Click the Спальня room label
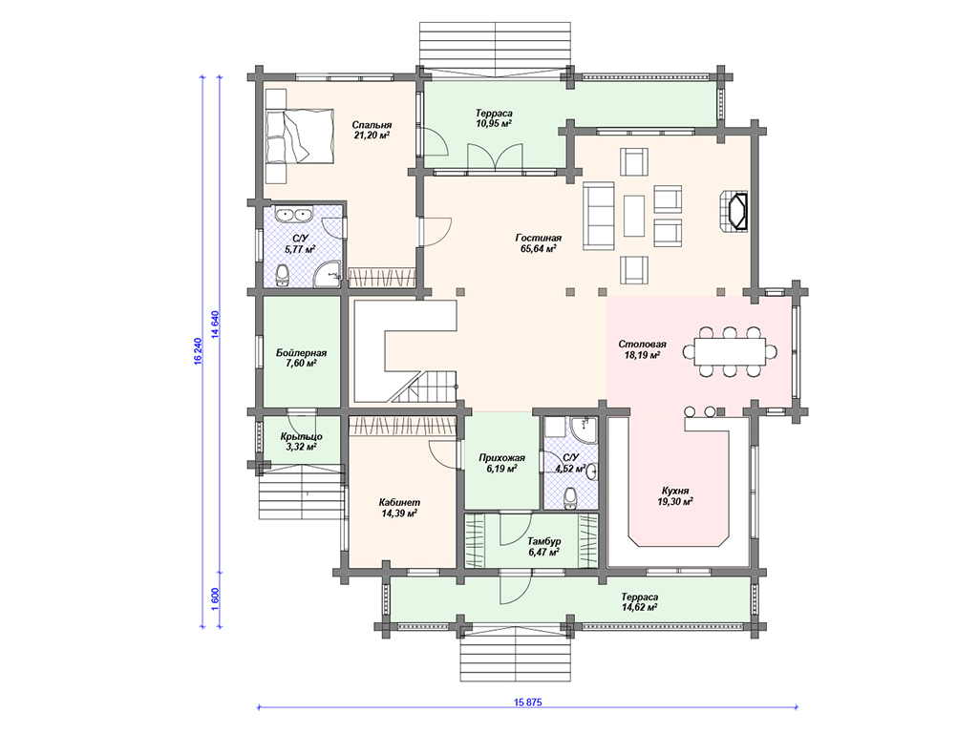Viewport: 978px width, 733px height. point(372,125)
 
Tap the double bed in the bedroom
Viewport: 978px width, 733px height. point(299,136)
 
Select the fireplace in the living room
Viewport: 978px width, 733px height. point(733,213)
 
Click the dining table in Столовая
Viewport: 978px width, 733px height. point(730,351)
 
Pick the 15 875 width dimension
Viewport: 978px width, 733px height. point(527,702)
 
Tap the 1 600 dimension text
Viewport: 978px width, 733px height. point(215,598)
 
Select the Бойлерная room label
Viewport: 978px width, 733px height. point(301,353)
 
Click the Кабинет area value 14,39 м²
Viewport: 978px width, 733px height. point(399,513)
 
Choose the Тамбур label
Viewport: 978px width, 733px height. point(543,541)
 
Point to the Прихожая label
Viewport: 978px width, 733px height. point(501,457)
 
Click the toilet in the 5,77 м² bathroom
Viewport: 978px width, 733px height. point(283,275)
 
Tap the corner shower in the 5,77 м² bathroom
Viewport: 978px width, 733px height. point(329,274)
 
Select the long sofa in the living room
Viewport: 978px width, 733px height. point(599,215)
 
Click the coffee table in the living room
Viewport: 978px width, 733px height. point(634,216)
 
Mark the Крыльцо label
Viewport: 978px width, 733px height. point(301,436)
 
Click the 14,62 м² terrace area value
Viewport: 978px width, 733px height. point(639,608)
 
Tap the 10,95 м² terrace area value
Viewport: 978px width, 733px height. point(494,124)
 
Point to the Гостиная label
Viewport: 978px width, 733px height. point(539,238)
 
